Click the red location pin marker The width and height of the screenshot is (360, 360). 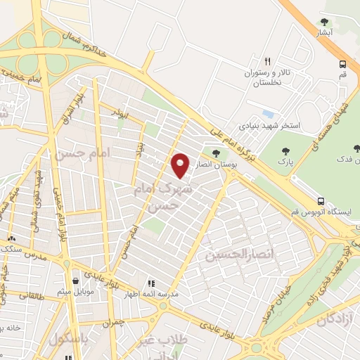pyautogui.click(x=180, y=165)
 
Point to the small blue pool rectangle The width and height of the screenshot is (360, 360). pyautogui.click(x=267, y=112)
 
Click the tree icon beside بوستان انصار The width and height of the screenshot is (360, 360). pyautogui.click(x=215, y=153)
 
